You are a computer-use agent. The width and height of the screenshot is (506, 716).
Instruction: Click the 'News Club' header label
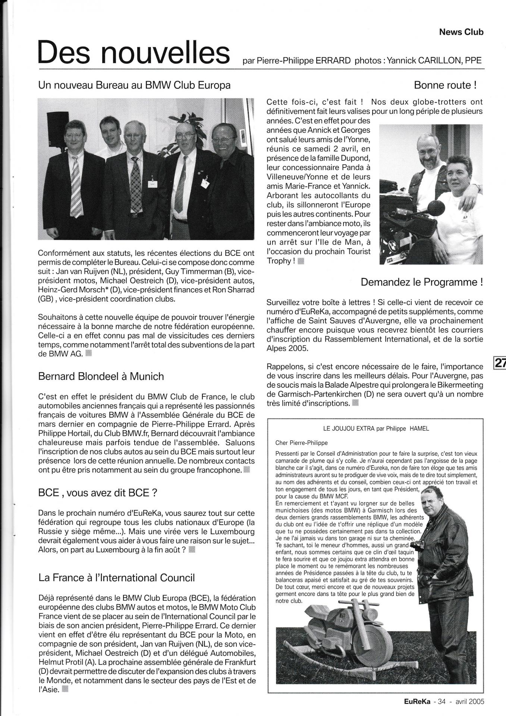pos(461,32)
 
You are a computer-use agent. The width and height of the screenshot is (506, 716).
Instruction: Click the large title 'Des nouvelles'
pos(133,54)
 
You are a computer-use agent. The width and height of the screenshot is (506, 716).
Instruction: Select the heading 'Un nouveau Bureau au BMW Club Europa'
pos(134,85)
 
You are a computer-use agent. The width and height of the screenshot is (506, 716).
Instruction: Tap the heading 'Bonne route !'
pos(445,85)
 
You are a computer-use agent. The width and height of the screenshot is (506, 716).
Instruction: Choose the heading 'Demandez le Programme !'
pos(422,282)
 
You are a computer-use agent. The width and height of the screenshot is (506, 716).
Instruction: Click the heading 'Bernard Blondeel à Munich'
pos(101,376)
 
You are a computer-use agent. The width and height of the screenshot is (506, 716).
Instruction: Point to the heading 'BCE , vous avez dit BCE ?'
pos(98,493)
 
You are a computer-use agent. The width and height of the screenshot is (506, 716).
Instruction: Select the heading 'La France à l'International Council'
pos(116,578)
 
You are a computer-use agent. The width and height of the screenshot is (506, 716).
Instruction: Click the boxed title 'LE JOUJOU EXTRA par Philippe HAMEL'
pos(376,429)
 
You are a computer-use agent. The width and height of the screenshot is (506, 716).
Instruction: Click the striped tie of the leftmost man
pos(76,186)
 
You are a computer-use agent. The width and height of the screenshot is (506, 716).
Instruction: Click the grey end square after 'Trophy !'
pos(301,261)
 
